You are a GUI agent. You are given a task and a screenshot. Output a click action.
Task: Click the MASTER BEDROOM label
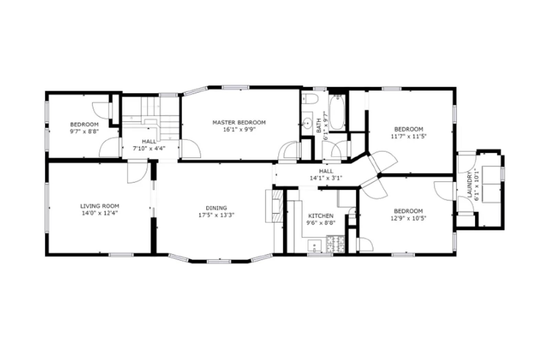(239, 122)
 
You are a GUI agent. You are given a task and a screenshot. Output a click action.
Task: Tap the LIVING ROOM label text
(100, 206)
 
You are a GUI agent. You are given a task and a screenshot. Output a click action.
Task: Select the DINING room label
(216, 208)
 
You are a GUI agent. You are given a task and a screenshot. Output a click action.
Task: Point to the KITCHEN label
(321, 216)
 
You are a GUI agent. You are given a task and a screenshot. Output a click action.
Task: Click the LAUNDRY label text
(470, 184)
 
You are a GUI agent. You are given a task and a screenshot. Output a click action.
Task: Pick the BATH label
(319, 126)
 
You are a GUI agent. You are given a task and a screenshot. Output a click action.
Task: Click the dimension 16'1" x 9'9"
(239, 130)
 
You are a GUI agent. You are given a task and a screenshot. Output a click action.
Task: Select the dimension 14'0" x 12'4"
(100, 213)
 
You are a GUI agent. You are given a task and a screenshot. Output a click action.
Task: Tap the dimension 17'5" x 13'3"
(216, 215)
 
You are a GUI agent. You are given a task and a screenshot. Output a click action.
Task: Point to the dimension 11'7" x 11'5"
(409, 136)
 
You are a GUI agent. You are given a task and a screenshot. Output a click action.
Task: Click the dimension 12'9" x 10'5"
(408, 218)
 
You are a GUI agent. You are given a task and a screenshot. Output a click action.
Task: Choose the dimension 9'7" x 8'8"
(84, 131)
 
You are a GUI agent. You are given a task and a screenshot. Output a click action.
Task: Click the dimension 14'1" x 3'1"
(326, 178)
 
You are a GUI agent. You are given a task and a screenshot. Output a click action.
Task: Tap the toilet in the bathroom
(310, 99)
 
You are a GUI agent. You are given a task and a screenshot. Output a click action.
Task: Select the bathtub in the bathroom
(337, 113)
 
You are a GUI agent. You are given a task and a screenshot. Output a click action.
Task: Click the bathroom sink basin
(307, 122)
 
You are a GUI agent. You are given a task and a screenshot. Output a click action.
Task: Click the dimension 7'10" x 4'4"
(149, 149)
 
